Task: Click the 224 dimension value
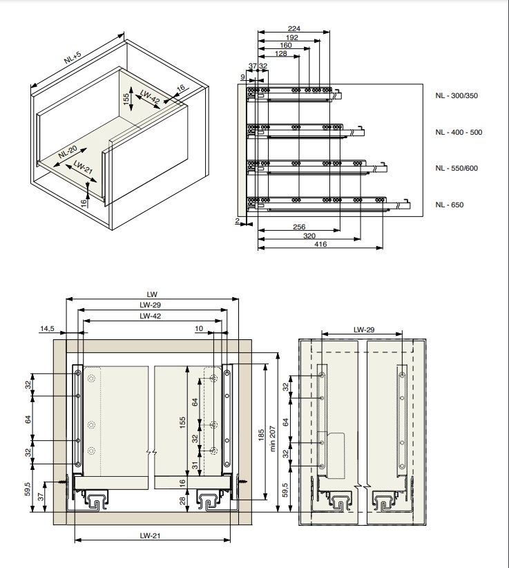[x=294, y=29]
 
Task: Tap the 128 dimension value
[x=280, y=53]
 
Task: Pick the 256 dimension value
[x=298, y=227]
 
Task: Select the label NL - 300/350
[x=457, y=95]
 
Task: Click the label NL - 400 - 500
[x=459, y=132]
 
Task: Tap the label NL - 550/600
[x=457, y=168]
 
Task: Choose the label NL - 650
[x=450, y=205]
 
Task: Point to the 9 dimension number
[x=243, y=77]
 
